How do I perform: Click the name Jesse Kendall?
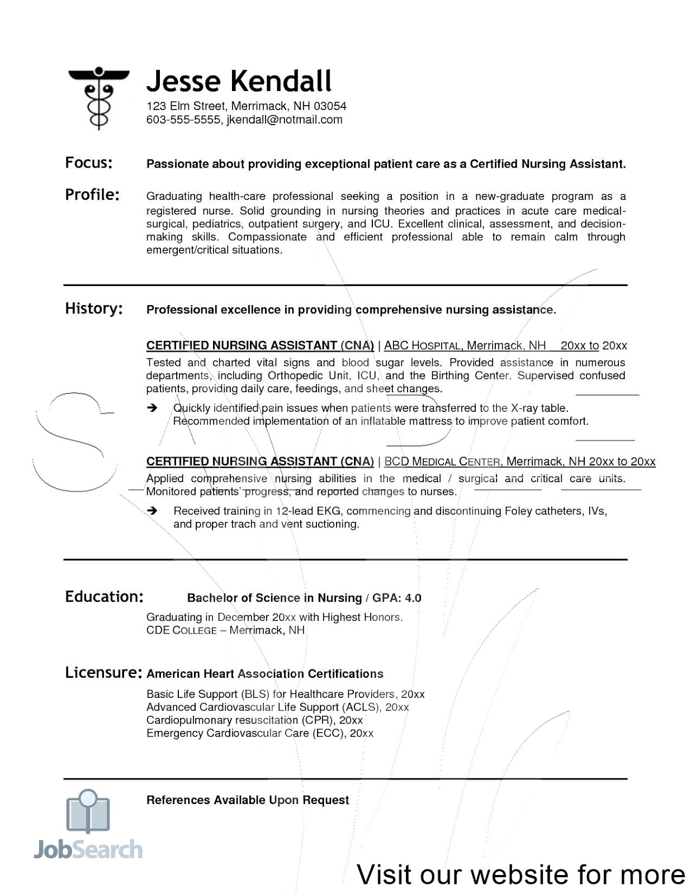tap(239, 81)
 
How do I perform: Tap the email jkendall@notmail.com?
tap(285, 120)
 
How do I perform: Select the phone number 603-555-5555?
tap(183, 120)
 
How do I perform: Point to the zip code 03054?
tap(330, 106)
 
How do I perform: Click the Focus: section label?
tap(89, 163)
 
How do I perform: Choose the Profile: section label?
tap(92, 194)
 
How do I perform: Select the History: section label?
tap(94, 308)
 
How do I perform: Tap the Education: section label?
tap(104, 597)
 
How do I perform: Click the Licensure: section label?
tap(103, 672)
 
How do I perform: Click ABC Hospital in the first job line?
tap(422, 345)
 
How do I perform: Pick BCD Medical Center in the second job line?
tap(442, 462)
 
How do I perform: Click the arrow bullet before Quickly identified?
tap(152, 408)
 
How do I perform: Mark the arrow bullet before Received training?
tap(152, 511)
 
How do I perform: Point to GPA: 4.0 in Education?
tap(396, 598)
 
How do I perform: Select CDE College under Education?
tap(181, 630)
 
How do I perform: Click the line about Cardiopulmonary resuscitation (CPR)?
tap(254, 720)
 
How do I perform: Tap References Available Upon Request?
tap(247, 800)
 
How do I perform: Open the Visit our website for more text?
tap(520, 874)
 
